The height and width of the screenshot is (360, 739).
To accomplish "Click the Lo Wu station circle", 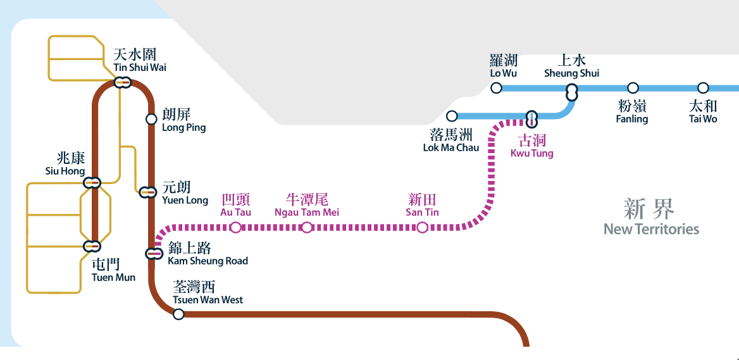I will (x=496, y=88).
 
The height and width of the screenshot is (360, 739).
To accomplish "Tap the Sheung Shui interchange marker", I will (x=572, y=92).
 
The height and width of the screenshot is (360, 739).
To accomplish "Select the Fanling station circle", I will (x=633, y=88).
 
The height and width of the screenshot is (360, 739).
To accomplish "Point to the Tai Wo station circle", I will (x=703, y=88).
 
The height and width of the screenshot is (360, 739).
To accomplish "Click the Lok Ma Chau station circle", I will (x=452, y=116).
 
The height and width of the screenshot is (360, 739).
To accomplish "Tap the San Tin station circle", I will (x=422, y=227).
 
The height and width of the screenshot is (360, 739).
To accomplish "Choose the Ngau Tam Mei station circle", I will (x=306, y=227).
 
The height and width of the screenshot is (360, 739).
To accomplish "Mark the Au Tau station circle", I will (x=235, y=227).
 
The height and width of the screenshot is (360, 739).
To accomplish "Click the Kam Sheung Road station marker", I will (x=154, y=254).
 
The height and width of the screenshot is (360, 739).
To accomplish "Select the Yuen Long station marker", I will (x=148, y=192).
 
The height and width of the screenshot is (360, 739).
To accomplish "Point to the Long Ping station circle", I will (x=151, y=119).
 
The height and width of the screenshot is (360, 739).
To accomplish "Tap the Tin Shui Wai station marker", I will (x=122, y=82).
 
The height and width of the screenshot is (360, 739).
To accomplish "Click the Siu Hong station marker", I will (x=92, y=183).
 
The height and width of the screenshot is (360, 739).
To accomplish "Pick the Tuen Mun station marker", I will (x=92, y=245).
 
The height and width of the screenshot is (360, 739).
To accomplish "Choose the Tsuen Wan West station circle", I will (x=178, y=314).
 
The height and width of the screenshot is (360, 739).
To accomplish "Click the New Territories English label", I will (x=651, y=229).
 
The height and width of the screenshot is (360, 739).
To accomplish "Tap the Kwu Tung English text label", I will (x=531, y=153).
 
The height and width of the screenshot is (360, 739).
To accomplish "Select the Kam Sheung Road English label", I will (x=208, y=261).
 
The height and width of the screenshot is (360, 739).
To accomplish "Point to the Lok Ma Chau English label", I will (x=451, y=148).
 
